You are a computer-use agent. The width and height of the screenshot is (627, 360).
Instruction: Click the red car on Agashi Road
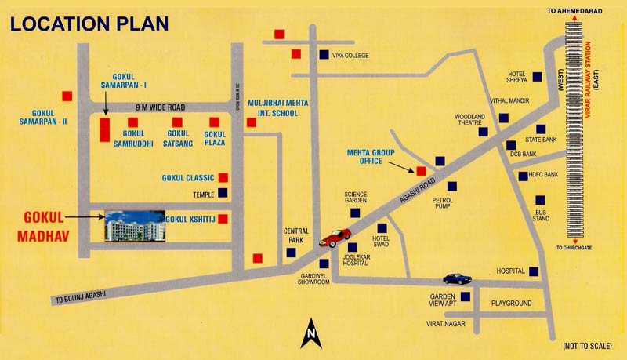[x=335, y=237]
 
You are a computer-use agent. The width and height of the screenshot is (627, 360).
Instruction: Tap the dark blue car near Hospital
[x=457, y=278]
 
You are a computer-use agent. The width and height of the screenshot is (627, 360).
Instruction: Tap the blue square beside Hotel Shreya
[x=537, y=76]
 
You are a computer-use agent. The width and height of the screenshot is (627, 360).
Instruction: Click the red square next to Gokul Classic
[x=223, y=178]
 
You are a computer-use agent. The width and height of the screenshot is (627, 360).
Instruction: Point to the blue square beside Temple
[x=223, y=193]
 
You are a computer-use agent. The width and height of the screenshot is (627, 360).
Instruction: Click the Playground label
[x=511, y=303]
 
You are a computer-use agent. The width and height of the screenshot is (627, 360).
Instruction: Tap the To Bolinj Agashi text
[x=80, y=296]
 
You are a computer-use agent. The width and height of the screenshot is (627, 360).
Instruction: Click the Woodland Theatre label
[x=470, y=120]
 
